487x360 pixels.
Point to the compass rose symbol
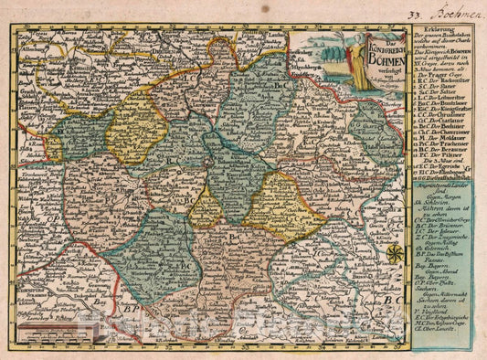[394, 254]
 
